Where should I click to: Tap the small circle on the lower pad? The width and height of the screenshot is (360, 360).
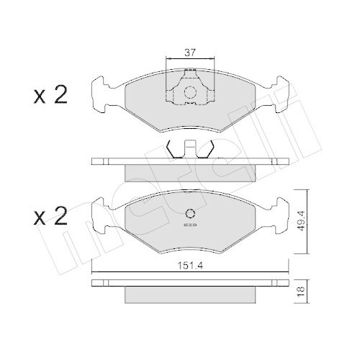coord(191,213)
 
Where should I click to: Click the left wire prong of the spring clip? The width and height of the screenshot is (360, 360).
coord(171,150)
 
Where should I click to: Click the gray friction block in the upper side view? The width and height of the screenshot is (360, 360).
coord(191,171)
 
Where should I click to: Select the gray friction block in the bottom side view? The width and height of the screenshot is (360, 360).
coord(191,294)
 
